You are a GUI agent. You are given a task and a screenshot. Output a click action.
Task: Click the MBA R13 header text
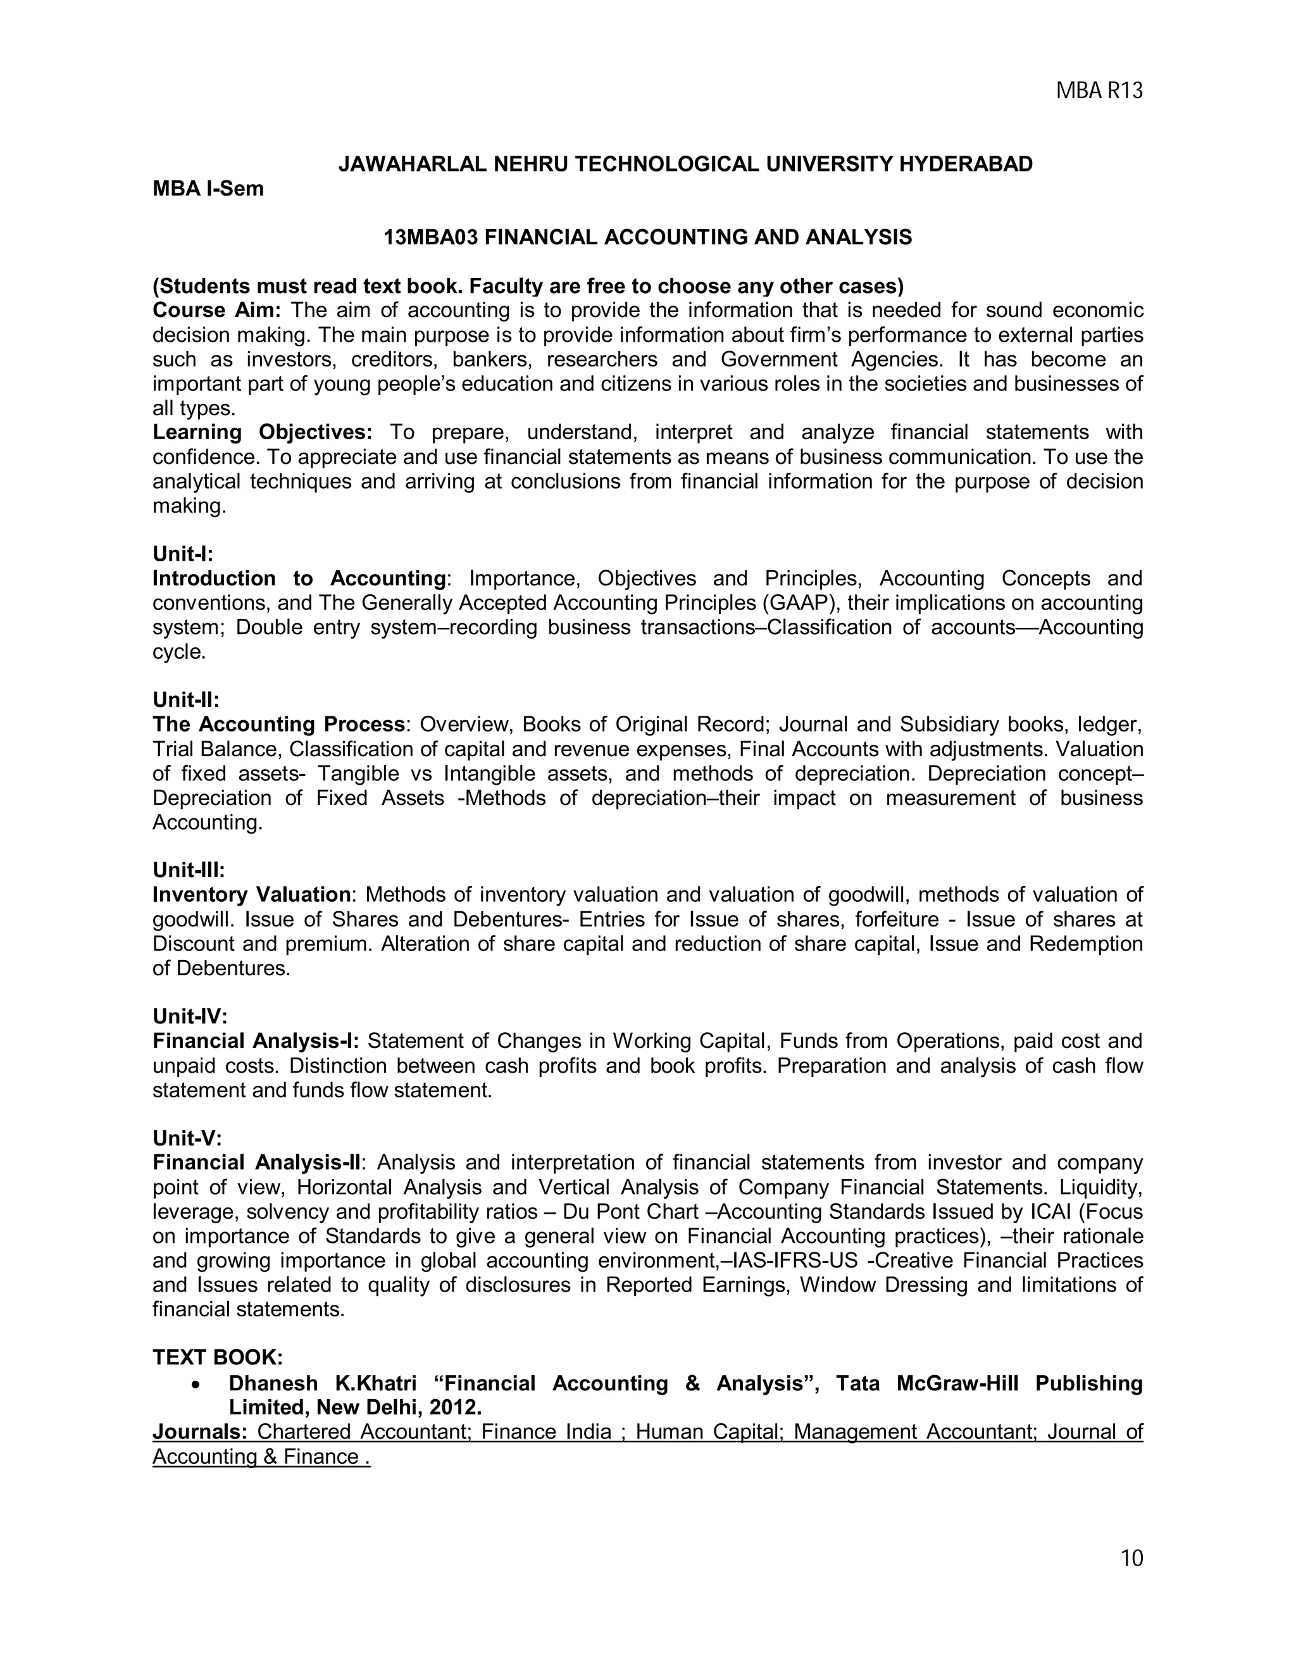(x=1099, y=91)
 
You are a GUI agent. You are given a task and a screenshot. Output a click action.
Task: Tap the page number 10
(x=1131, y=1558)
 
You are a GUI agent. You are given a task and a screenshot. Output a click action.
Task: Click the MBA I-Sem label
(x=208, y=189)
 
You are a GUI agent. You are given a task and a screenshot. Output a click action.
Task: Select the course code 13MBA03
(x=431, y=238)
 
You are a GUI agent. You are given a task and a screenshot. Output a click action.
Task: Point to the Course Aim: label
(x=217, y=311)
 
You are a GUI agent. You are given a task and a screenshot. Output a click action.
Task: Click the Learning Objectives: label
(x=262, y=432)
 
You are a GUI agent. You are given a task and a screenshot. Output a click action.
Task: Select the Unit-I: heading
(x=183, y=554)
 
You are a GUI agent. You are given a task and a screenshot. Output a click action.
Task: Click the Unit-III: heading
(x=188, y=870)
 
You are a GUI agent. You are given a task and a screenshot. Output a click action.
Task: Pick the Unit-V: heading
(x=187, y=1138)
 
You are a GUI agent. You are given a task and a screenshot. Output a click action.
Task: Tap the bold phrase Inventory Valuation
(x=251, y=895)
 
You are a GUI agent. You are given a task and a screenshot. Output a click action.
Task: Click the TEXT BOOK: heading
(x=217, y=1357)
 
